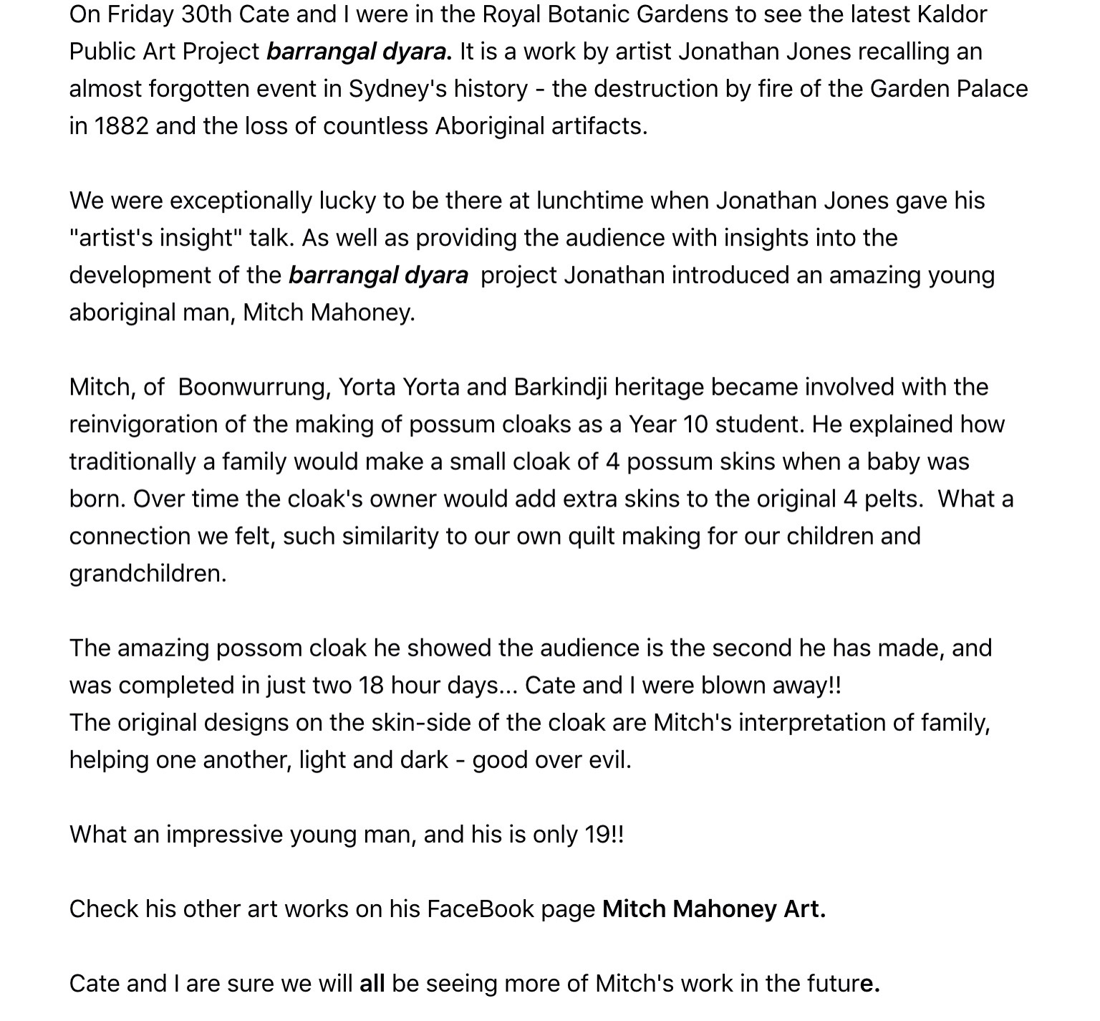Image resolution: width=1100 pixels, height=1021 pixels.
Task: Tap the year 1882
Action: (121, 127)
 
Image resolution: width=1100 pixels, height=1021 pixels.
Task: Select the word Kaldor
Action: (952, 15)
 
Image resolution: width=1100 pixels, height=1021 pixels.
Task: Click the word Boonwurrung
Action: (254, 388)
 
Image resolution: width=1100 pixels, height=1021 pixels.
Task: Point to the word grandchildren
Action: (147, 574)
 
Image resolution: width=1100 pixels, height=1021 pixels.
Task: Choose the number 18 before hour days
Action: (372, 686)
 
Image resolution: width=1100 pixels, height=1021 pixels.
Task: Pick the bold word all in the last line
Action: (372, 984)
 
